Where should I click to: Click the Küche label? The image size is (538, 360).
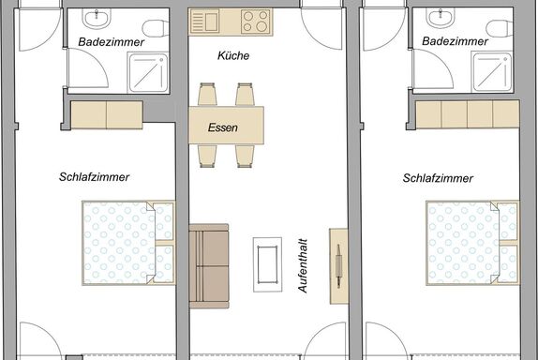click(x=233, y=55)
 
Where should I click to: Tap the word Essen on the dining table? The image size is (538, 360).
click(x=223, y=127)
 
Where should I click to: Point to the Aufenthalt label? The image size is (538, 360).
click(x=303, y=266)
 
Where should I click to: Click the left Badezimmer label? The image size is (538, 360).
click(x=111, y=42)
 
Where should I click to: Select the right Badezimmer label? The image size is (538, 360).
click(x=455, y=41)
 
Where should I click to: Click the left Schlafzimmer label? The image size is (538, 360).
click(x=94, y=177)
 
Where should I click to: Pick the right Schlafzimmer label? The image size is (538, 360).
click(x=438, y=178)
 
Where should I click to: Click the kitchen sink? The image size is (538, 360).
click(x=205, y=22)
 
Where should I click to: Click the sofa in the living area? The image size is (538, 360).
click(x=209, y=266)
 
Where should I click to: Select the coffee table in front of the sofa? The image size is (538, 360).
click(x=268, y=264)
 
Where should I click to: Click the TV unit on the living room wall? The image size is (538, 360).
click(x=338, y=266)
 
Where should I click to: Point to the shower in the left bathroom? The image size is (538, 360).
click(x=148, y=72)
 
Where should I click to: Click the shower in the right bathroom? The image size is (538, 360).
click(x=492, y=72)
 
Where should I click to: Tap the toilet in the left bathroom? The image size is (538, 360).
click(x=157, y=28)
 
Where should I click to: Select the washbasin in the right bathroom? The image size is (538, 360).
click(x=441, y=17)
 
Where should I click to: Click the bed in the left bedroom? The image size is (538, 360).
click(x=128, y=243)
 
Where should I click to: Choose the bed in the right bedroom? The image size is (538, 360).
click(x=472, y=243)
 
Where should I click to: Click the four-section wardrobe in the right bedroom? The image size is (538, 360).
click(x=468, y=114)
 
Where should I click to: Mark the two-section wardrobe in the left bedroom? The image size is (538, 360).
click(x=107, y=114)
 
